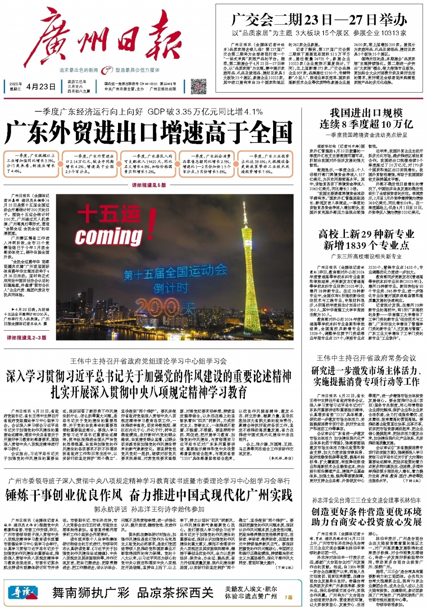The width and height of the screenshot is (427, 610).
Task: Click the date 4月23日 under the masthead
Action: [40, 87]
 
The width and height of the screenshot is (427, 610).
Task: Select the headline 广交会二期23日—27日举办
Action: [319, 20]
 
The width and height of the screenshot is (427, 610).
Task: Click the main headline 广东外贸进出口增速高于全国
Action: [149, 133]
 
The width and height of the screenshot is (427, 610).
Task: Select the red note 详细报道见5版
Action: [149, 185]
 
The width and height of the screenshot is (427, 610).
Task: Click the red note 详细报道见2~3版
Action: [26, 338]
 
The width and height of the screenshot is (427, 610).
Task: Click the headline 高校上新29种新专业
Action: [366, 233]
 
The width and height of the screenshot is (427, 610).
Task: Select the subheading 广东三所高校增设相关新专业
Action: [366, 256]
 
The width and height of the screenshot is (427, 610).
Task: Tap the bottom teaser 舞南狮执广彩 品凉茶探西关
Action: [133, 592]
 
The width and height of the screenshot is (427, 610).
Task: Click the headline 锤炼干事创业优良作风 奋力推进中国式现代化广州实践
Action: [149, 495]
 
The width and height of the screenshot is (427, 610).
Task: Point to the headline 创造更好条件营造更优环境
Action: [366, 512]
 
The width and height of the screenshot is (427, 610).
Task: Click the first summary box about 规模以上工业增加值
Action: [30, 163]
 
